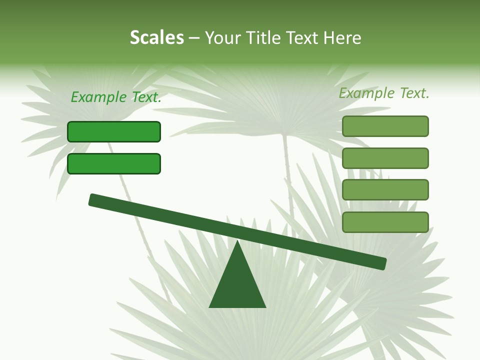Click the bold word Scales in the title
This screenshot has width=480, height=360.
click(157, 38)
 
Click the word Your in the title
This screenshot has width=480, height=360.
click(222, 38)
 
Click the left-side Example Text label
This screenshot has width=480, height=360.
click(116, 97)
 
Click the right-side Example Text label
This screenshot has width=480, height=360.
click(384, 93)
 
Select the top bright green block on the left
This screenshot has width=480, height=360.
click(114, 131)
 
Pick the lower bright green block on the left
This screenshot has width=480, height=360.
click(114, 163)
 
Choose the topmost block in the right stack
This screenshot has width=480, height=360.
click(385, 126)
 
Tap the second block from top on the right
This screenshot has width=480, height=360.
click(385, 158)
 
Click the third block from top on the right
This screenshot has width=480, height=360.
click(385, 190)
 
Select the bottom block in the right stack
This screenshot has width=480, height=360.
click(385, 222)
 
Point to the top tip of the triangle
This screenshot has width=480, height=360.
click(237, 242)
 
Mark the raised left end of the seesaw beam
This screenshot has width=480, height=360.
click(93, 200)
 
